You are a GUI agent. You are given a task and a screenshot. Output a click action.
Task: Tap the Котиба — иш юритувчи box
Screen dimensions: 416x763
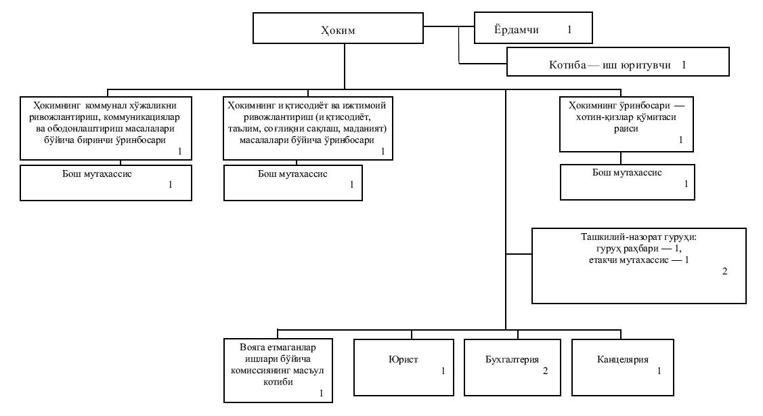pos(617,66)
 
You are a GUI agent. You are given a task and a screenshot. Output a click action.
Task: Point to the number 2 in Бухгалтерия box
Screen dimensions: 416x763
pos(545,371)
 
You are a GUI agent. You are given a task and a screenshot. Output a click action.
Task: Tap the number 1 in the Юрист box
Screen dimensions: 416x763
pos(443,371)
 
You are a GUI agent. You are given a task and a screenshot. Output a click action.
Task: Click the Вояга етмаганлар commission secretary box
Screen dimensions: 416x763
pos(279,369)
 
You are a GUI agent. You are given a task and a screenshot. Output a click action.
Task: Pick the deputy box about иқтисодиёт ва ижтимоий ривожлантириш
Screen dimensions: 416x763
pos(308,127)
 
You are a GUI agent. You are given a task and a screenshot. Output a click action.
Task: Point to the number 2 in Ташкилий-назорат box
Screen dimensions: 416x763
pos(724,272)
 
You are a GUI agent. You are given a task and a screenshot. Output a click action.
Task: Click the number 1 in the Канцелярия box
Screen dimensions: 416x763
pos(659,371)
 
